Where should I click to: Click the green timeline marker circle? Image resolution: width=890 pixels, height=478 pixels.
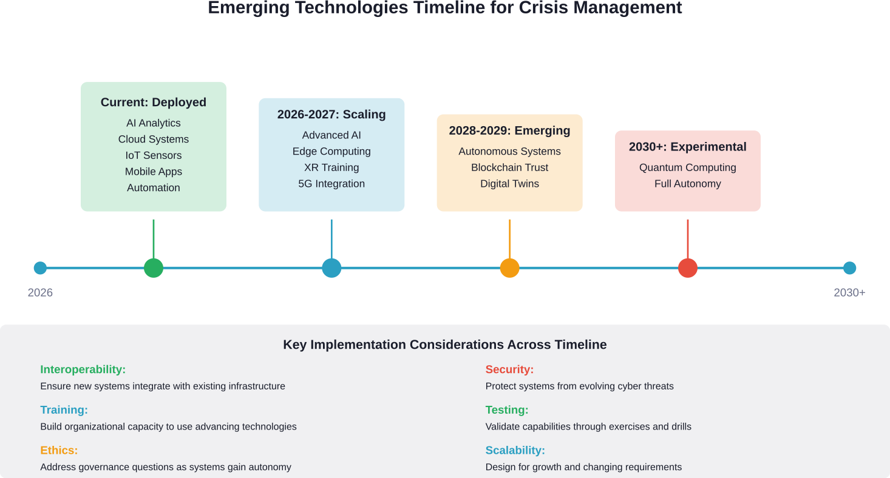tap(154, 268)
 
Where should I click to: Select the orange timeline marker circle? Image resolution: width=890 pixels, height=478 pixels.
tap(509, 268)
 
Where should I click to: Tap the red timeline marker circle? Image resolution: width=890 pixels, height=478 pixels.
tap(687, 268)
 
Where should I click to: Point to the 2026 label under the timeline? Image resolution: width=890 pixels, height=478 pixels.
tap(40, 293)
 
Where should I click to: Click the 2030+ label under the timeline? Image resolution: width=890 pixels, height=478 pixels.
tap(849, 293)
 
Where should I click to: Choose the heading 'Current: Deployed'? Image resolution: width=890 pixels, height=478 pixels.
tap(154, 103)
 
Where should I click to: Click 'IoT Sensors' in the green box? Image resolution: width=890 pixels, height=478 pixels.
tap(154, 155)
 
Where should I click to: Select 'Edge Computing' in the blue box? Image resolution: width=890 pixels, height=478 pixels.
tap(331, 151)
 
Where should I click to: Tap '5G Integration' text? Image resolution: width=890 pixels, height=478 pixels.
tap(331, 184)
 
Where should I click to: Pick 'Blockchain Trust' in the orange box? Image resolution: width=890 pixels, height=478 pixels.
tap(509, 167)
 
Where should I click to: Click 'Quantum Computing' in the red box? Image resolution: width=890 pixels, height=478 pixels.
tap(687, 167)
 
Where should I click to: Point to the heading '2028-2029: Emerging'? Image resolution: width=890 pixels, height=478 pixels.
tap(509, 131)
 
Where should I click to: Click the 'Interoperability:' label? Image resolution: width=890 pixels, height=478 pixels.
tap(83, 369)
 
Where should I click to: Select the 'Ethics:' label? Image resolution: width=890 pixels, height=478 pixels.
tap(59, 451)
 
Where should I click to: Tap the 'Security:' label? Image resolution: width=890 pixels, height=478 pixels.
tap(509, 369)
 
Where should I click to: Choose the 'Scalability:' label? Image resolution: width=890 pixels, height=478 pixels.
tap(515, 451)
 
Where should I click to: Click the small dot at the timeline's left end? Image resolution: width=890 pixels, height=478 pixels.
tap(40, 268)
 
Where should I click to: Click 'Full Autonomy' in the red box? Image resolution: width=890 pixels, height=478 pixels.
tap(687, 184)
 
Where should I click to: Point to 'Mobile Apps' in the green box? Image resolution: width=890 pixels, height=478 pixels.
tap(154, 172)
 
